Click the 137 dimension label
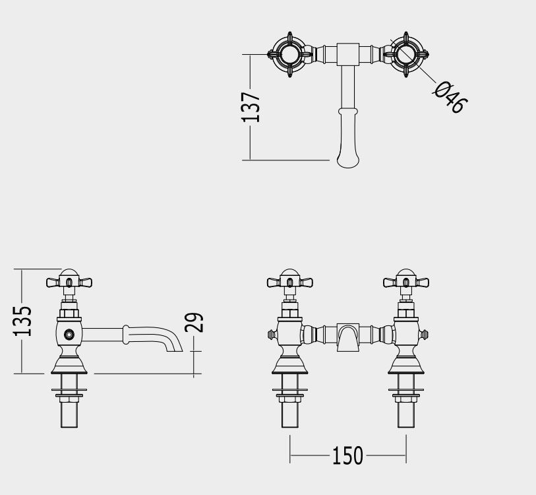point(251,107)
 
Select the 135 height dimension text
point(22,321)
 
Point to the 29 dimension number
point(194,322)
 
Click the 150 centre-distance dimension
point(347,455)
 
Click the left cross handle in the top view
point(290,55)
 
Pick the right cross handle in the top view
point(406,55)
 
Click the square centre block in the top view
point(348,54)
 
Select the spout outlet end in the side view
point(174,347)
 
